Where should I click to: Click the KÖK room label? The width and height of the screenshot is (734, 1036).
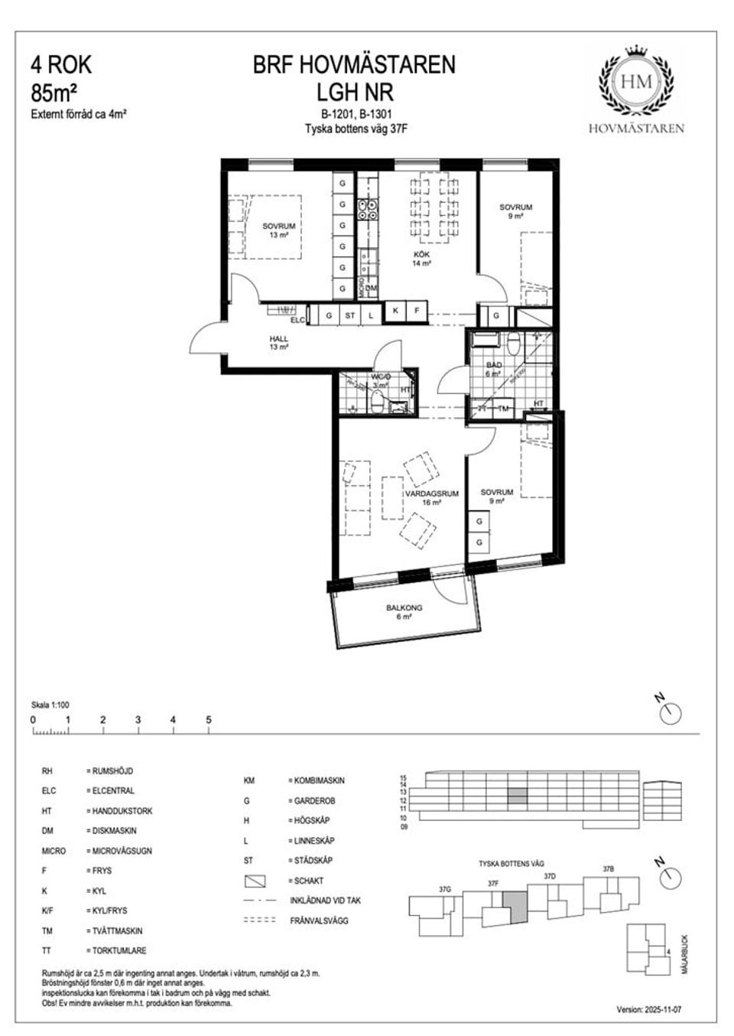coord(422,254)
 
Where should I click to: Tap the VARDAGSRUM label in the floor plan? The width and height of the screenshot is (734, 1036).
coord(432,494)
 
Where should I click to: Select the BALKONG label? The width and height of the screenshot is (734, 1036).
coord(404,608)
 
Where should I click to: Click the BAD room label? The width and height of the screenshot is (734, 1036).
coord(494,366)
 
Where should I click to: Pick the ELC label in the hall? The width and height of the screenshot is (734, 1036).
coord(297,320)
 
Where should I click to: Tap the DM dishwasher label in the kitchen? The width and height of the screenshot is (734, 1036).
coord(372,288)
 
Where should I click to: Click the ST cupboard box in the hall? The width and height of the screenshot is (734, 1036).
coord(350,314)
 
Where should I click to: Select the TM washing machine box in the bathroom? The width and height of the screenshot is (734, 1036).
coord(503,409)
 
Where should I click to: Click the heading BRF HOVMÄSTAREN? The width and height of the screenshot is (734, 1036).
coord(354,65)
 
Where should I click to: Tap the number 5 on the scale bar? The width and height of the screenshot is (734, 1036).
coord(209,720)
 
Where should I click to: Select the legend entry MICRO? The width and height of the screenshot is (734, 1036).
coord(54,851)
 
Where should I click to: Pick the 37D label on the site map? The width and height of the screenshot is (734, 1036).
coord(549,875)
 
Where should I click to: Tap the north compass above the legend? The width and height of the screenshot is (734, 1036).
coord(670,712)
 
